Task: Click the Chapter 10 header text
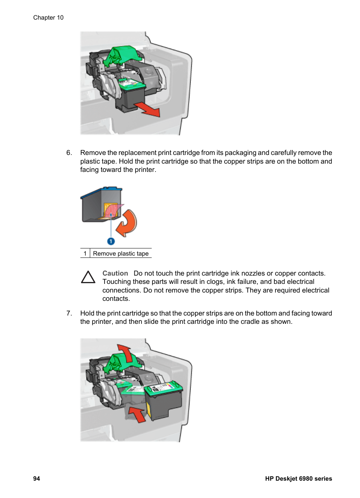coord(48,18)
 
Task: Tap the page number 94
coord(37,478)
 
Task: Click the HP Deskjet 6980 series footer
coord(298,478)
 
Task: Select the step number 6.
coord(69,153)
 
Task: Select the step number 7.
coord(69,313)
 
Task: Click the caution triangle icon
coord(88,277)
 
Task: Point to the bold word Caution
coord(115,273)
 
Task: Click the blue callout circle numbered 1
coord(111,241)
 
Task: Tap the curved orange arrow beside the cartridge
coord(127,223)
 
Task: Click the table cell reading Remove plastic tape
coord(121,253)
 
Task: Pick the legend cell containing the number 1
coord(85,253)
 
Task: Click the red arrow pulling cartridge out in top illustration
coord(148,109)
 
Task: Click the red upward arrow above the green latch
coord(125,352)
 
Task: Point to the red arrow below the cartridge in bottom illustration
coord(138,414)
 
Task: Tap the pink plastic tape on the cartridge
coord(113,211)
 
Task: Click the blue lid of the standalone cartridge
coord(101,190)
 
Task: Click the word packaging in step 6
coord(236,153)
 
